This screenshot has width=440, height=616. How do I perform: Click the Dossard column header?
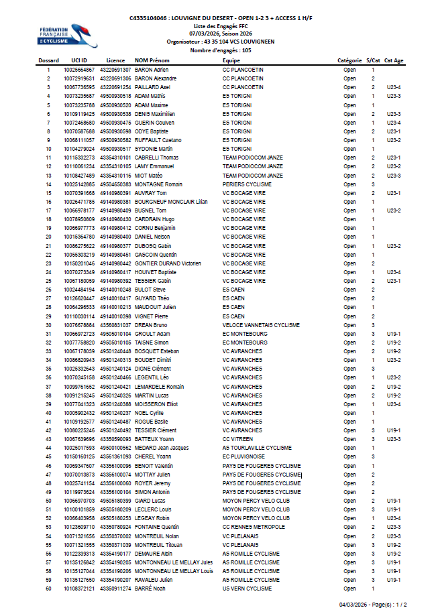(48, 61)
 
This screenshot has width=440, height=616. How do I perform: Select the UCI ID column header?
(80, 61)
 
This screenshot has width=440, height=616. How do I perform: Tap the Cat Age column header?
(394, 61)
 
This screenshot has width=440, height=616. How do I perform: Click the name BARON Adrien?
(152, 70)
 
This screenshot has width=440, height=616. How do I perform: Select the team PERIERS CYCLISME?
(247, 184)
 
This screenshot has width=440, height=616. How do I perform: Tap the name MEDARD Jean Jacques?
(162, 448)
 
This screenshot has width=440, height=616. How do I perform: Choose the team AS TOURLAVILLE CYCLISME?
(257, 448)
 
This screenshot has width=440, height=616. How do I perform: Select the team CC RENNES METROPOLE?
(254, 527)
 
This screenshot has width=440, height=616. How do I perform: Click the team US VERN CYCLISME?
(247, 589)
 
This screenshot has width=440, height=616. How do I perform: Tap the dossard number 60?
(48, 589)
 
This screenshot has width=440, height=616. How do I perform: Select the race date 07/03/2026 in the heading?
(204, 32)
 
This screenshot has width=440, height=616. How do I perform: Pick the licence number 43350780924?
(115, 527)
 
